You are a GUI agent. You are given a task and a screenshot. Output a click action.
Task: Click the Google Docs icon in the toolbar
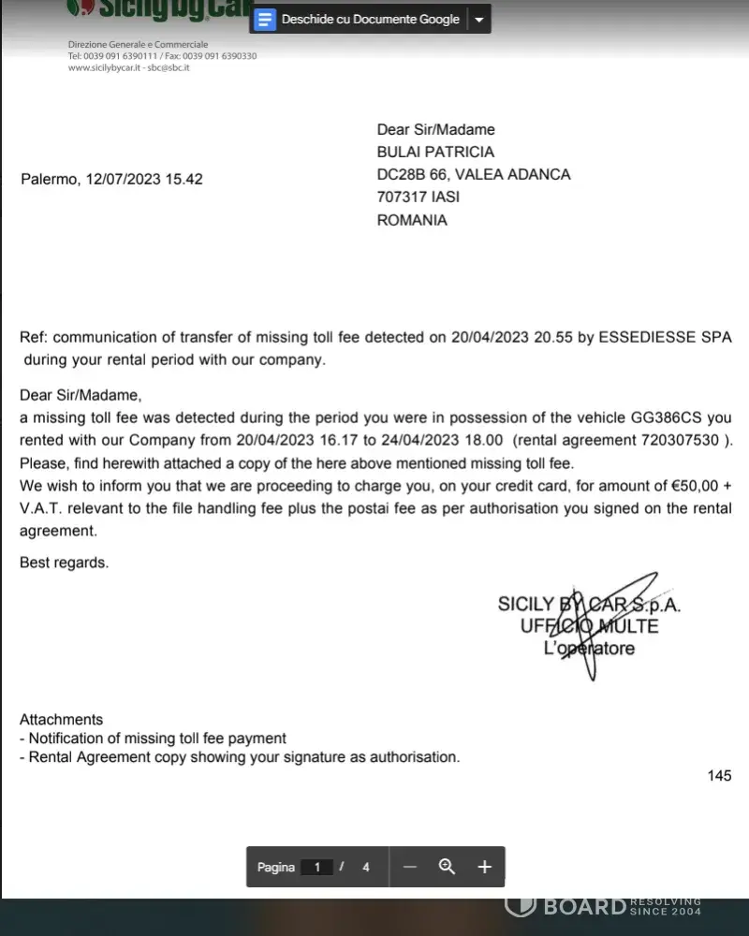pyautogui.click(x=266, y=19)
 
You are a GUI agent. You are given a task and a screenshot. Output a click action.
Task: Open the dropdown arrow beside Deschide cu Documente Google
pyautogui.click(x=478, y=20)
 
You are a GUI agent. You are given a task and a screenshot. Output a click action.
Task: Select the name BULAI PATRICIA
pyautogui.click(x=435, y=152)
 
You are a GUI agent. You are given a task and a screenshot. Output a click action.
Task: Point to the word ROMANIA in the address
pyautogui.click(x=412, y=221)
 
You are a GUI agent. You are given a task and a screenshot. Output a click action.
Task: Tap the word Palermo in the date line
pyautogui.click(x=50, y=179)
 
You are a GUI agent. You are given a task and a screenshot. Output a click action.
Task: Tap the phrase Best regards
pyautogui.click(x=64, y=563)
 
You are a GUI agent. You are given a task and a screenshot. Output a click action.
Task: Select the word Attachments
pyautogui.click(x=61, y=720)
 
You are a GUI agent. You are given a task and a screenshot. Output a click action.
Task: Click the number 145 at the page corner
pyautogui.click(x=719, y=776)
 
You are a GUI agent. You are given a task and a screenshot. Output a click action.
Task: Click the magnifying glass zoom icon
pyautogui.click(x=447, y=867)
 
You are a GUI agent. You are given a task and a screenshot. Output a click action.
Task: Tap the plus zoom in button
pyautogui.click(x=484, y=867)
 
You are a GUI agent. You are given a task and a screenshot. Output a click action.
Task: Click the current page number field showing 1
pyautogui.click(x=317, y=868)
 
